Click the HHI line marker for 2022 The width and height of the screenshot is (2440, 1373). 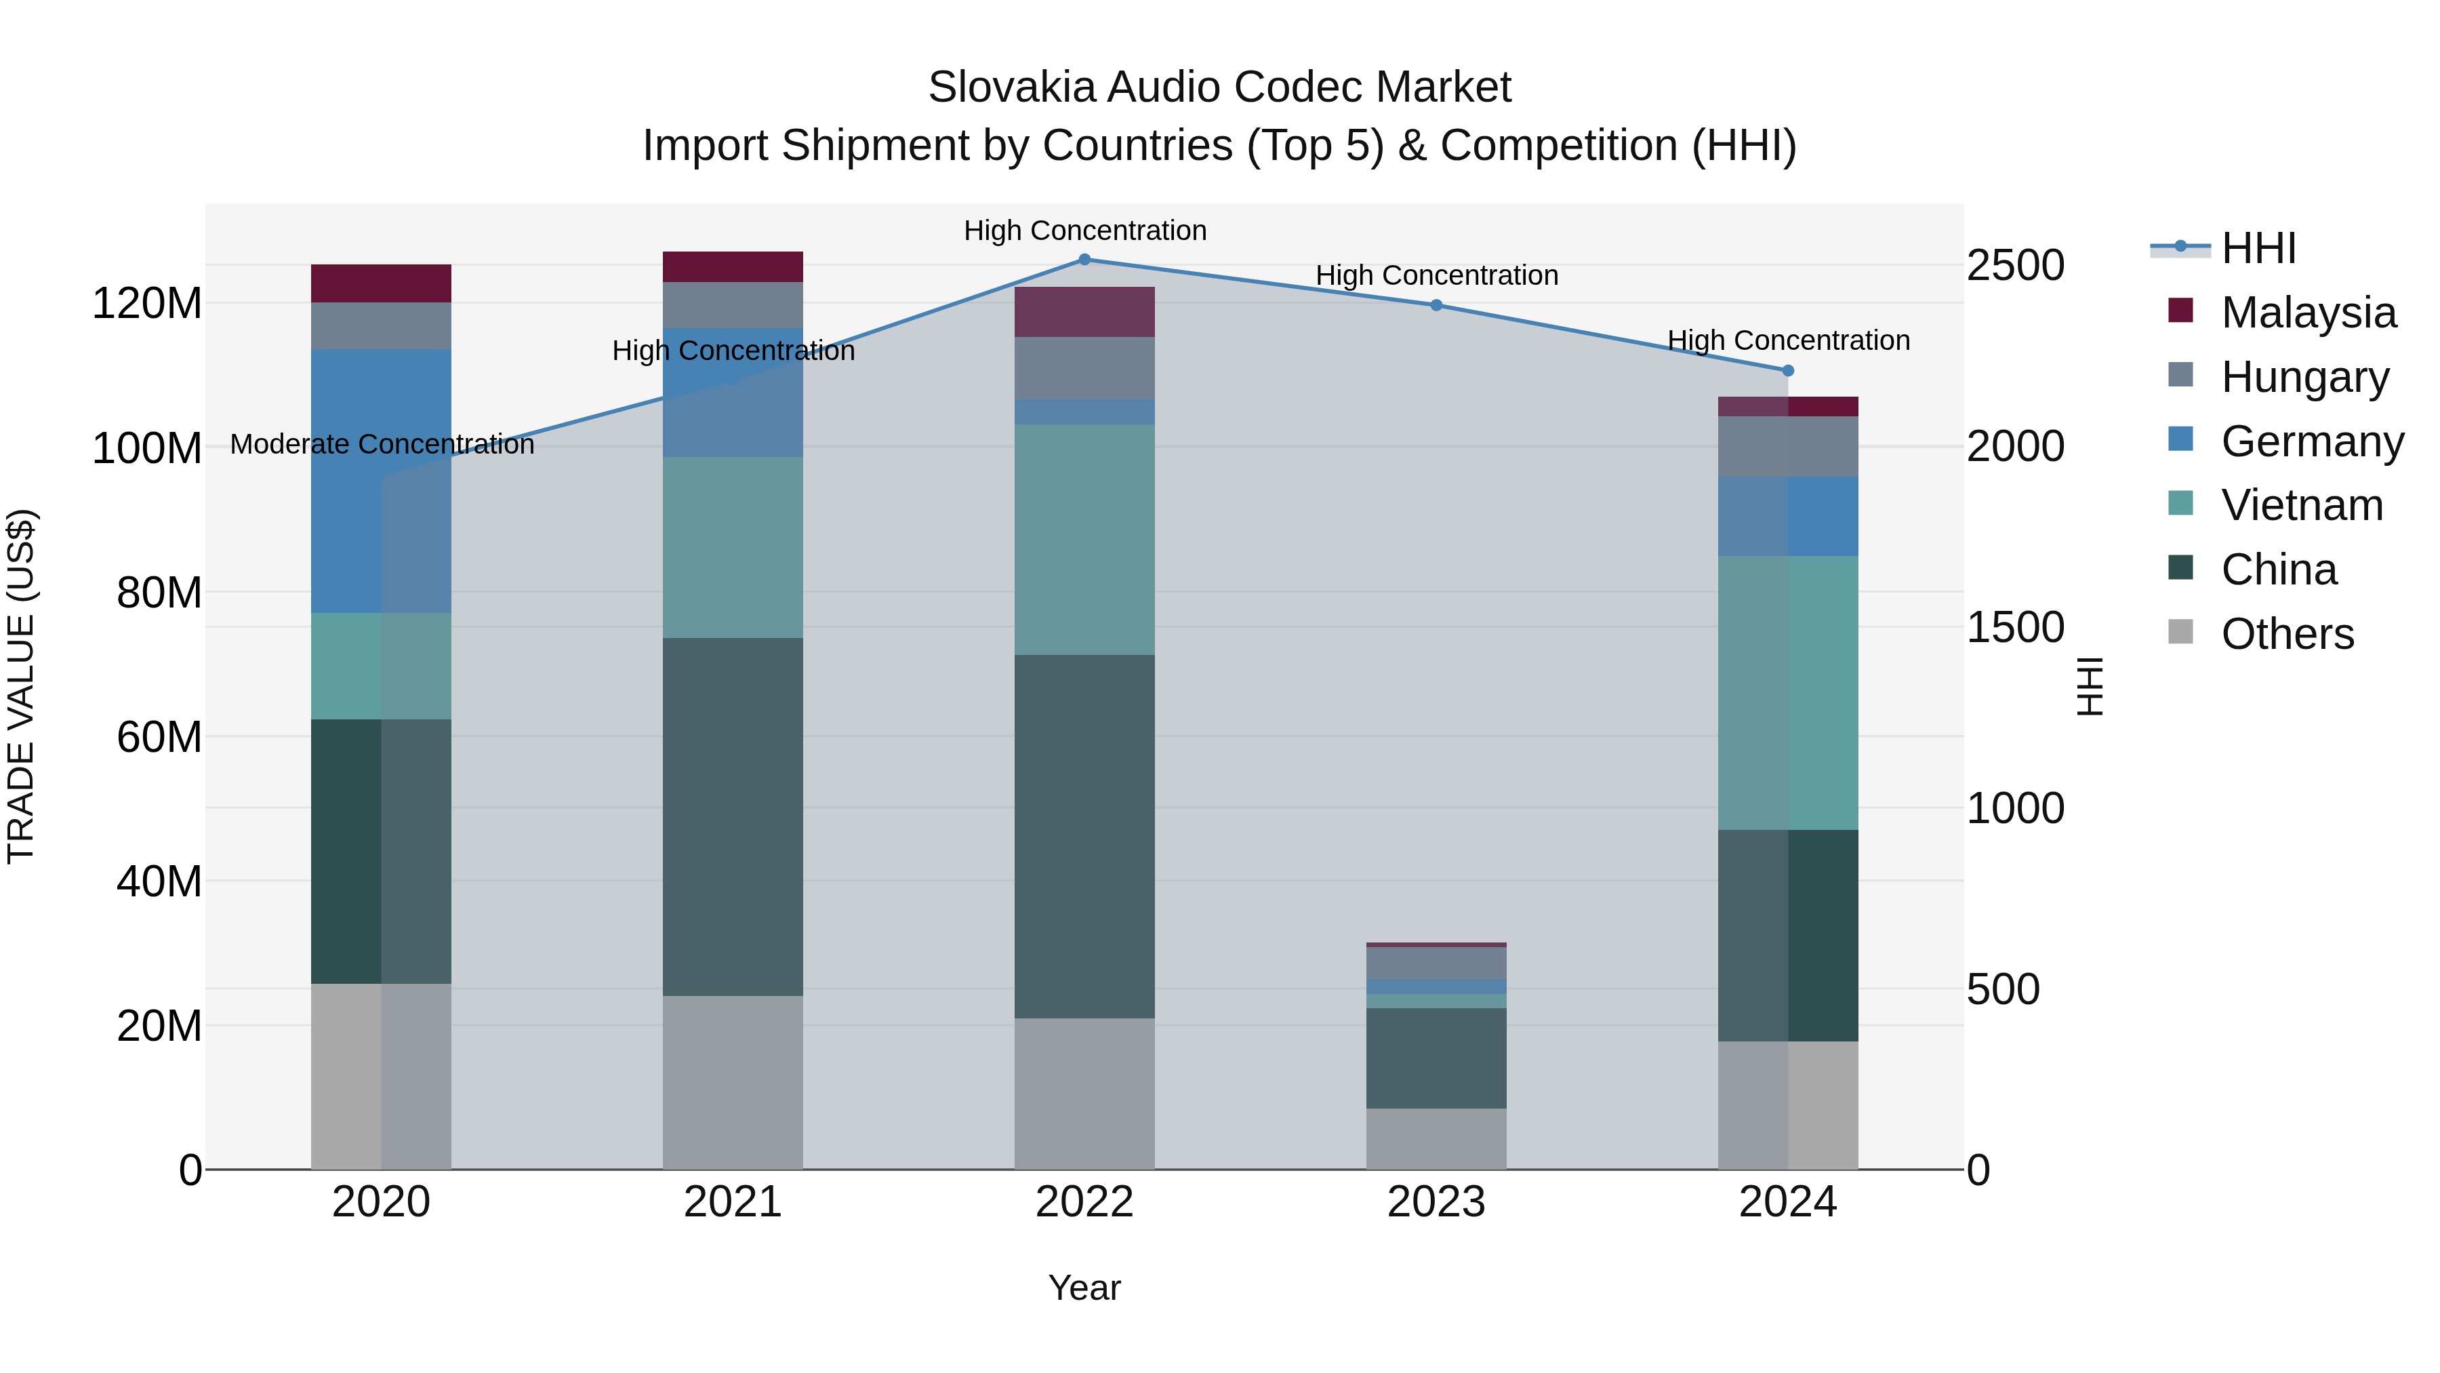[x=1084, y=260]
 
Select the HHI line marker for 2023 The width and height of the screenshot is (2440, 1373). [x=1436, y=305]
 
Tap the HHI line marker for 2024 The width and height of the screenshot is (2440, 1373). [x=1787, y=370]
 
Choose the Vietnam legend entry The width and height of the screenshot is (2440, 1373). [x=2302, y=505]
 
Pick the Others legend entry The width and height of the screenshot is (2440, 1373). [x=2287, y=634]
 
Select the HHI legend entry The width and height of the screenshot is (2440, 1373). [x=2258, y=248]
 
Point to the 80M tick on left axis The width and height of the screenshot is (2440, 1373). [x=159, y=593]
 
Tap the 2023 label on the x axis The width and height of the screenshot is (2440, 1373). [x=1436, y=1202]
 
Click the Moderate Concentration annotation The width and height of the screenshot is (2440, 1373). [x=382, y=444]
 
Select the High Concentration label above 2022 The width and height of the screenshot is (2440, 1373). [x=1084, y=231]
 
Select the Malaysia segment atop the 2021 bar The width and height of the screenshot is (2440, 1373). [x=732, y=266]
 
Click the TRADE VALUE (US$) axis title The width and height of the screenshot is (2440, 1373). [x=21, y=686]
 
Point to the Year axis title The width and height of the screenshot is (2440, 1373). [x=1084, y=1288]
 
